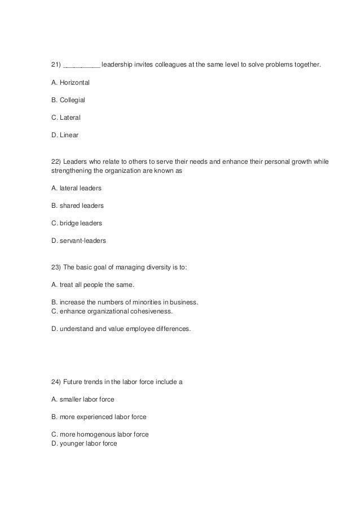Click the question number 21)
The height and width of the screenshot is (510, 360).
[56, 65]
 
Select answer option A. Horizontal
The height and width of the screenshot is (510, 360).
[70, 82]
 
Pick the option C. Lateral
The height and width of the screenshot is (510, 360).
[65, 117]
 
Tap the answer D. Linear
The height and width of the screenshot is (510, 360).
[65, 135]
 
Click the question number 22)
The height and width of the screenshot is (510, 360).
[56, 162]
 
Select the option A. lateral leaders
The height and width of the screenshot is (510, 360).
[76, 188]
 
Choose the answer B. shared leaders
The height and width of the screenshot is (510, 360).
[77, 205]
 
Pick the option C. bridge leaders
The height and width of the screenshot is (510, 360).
[76, 223]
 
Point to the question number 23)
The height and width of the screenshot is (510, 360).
[56, 267]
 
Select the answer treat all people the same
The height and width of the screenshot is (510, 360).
[96, 284]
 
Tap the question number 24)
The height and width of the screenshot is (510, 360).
[56, 381]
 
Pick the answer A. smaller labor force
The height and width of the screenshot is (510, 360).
[82, 399]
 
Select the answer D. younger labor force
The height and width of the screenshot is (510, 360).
[84, 443]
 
